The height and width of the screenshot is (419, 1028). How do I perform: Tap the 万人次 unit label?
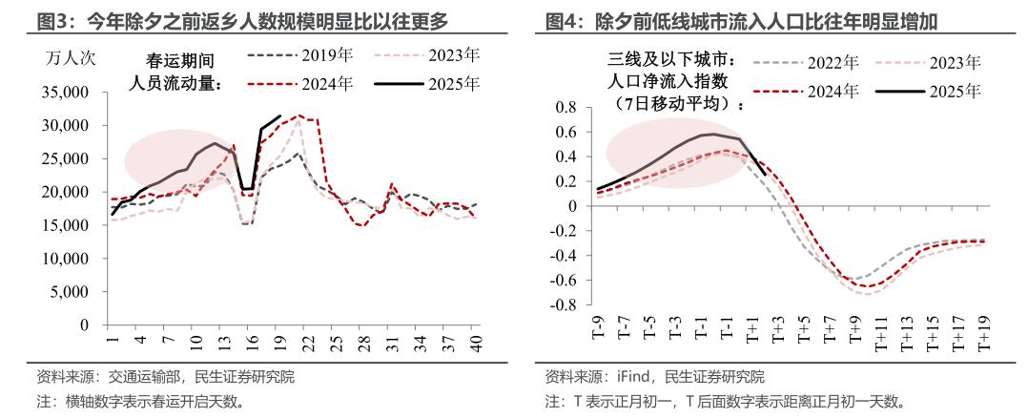71,56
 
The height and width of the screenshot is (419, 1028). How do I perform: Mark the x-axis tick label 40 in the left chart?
475,340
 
